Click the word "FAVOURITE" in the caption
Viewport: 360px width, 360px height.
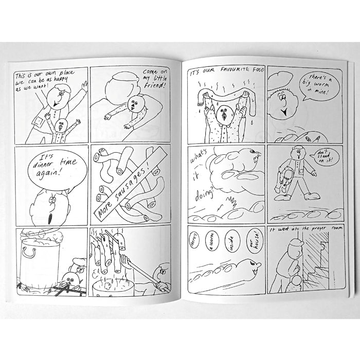click(x=235, y=69)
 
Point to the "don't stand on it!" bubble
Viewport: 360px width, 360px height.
click(x=323, y=156)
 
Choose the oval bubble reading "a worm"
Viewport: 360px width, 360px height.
click(x=212, y=241)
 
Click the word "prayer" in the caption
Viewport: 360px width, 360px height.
click(x=317, y=228)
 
